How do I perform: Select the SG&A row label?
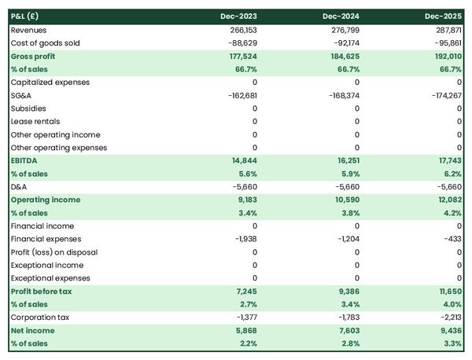pyautogui.click(x=22, y=95)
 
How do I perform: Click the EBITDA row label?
pyautogui.click(x=24, y=160)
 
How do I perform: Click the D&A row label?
pyautogui.click(x=20, y=187)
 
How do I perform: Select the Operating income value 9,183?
pyautogui.click(x=245, y=200)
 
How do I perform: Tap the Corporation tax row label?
pyautogui.click(x=39, y=318)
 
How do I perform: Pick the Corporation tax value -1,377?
pyautogui.click(x=245, y=318)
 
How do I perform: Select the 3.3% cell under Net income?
pyautogui.click(x=452, y=344)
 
